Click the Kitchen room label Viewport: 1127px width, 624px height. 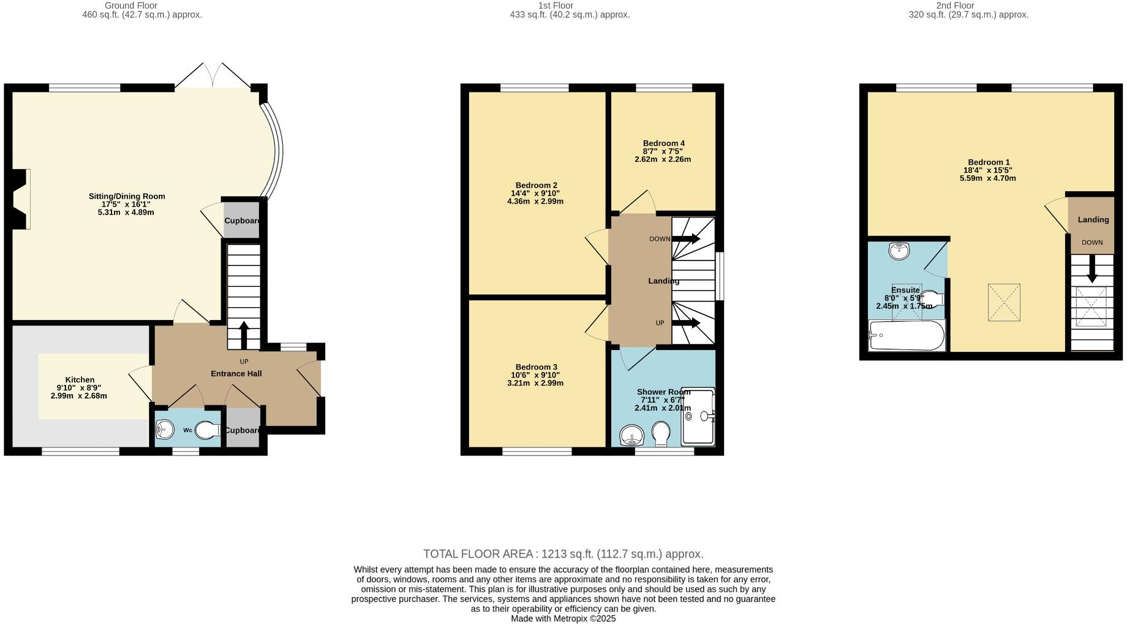click(x=80, y=380)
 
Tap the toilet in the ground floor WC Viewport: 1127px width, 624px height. click(x=208, y=430)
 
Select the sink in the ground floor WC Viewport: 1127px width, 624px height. click(x=164, y=430)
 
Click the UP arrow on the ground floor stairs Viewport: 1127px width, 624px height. click(x=243, y=335)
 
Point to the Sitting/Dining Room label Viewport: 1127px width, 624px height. click(x=127, y=196)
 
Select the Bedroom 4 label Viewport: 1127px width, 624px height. click(x=663, y=143)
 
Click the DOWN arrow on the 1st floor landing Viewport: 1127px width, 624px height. click(x=686, y=238)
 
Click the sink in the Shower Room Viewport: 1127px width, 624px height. click(x=631, y=436)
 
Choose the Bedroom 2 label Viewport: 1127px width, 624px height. click(x=536, y=185)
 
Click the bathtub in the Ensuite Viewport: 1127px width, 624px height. click(x=907, y=335)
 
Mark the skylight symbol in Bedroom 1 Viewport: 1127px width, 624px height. click(x=1004, y=302)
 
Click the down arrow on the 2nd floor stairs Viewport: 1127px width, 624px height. click(x=1091, y=269)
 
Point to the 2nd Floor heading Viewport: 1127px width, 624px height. click(x=955, y=6)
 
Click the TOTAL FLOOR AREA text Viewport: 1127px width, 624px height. click(x=563, y=554)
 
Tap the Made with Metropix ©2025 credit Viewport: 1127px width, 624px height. click(x=563, y=618)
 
